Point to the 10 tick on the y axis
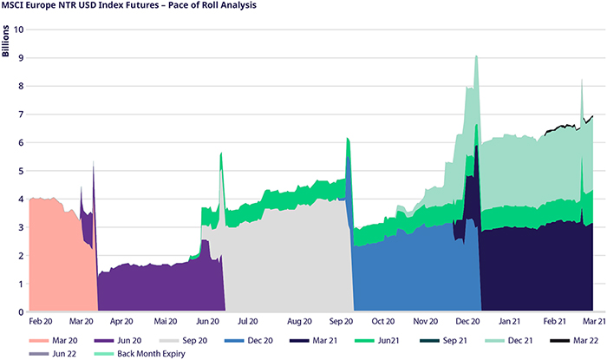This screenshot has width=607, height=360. pos(18,29)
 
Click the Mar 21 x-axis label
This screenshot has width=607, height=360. pos(592,321)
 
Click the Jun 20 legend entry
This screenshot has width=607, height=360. pos(153,340)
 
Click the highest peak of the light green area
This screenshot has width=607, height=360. pos(476,57)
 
